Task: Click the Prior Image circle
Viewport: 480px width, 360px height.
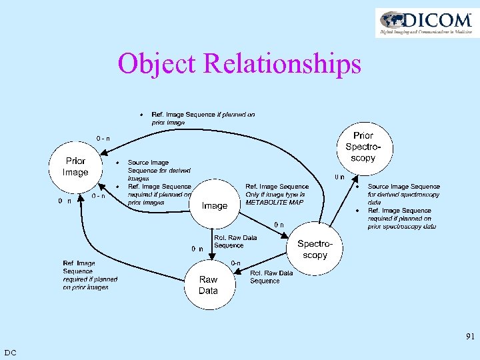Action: point(75,167)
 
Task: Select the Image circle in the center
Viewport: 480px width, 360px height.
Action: point(215,205)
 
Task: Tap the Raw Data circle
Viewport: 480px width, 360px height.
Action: point(208,285)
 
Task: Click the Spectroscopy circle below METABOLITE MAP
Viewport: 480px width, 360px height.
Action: point(315,249)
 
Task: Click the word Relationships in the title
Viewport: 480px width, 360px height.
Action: point(282,64)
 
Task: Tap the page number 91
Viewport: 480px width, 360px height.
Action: point(470,337)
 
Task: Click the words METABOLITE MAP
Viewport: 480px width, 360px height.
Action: point(275,203)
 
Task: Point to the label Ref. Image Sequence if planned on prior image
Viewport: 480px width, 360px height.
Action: point(203,118)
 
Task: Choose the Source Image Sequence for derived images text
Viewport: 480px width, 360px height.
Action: point(149,170)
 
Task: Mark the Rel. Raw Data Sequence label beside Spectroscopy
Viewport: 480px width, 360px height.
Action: point(271,277)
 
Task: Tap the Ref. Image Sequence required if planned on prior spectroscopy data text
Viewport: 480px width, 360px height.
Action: point(401,219)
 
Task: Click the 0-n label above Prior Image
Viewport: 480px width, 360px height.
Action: point(103,138)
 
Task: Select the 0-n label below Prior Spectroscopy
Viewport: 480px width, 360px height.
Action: point(339,177)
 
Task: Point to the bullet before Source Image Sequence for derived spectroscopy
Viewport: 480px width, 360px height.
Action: point(357,187)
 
